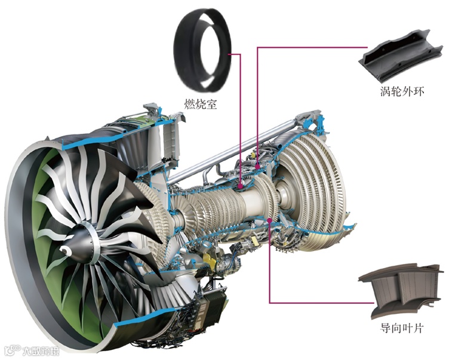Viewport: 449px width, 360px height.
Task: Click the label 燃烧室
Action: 200,104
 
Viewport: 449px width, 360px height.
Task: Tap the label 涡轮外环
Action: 402,91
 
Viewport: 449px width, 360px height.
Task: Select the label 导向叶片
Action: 401,328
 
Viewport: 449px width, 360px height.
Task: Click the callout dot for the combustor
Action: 241,186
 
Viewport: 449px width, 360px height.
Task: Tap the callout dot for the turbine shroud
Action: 257,165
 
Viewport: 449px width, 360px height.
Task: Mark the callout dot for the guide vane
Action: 269,220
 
